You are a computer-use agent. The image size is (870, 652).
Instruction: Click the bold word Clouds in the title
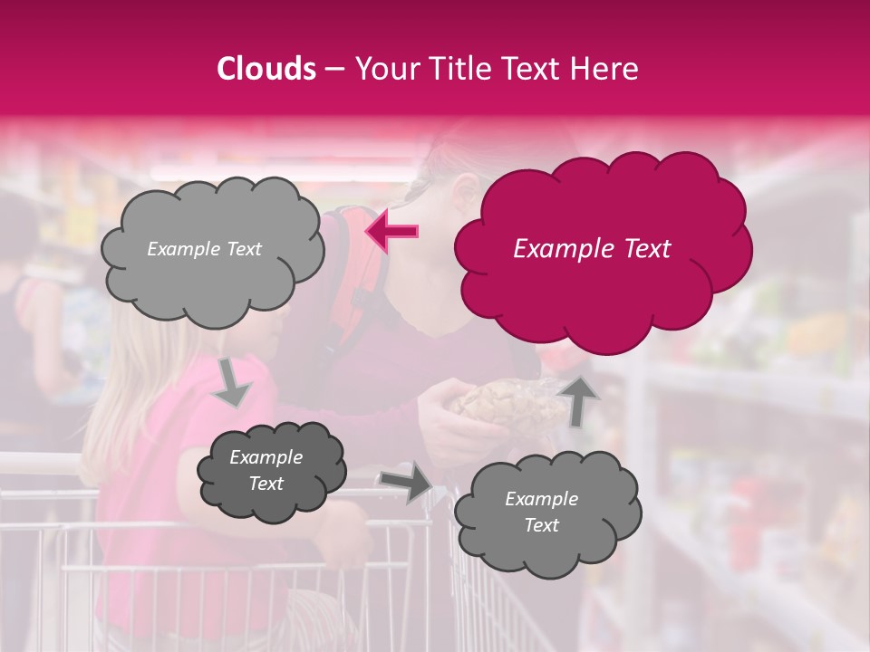(x=266, y=69)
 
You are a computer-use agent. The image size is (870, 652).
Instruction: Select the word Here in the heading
(x=605, y=69)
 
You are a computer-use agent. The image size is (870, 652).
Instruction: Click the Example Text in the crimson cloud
(x=592, y=249)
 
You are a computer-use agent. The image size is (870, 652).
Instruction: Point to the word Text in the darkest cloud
(x=266, y=484)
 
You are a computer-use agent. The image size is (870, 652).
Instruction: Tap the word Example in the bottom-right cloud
(x=541, y=499)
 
